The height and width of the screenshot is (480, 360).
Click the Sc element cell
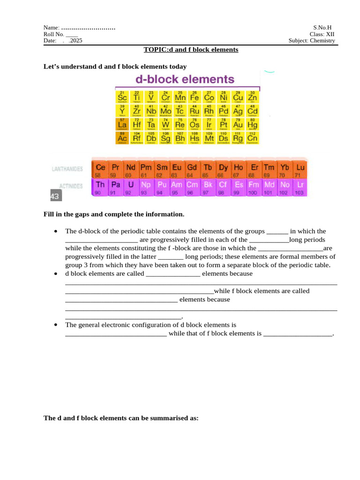pyautogui.click(x=122, y=96)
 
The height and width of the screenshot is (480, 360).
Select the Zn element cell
pyautogui.click(x=252, y=96)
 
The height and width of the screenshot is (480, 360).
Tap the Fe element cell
pyautogui.click(x=194, y=96)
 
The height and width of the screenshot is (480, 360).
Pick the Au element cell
pyautogui.click(x=238, y=124)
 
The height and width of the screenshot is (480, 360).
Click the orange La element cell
pyautogui.click(x=122, y=124)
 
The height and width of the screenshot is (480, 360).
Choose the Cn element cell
pyautogui.click(x=252, y=138)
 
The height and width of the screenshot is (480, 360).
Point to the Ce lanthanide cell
pyautogui.click(x=100, y=170)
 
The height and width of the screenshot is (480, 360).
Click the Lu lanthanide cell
pyautogui.click(x=300, y=170)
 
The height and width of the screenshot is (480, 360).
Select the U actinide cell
pyautogui.click(x=131, y=187)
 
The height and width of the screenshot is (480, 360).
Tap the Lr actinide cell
pyautogui.click(x=300, y=187)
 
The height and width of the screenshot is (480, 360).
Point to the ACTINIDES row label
pyautogui.click(x=70, y=186)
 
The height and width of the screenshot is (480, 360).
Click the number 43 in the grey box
pyautogui.click(x=54, y=197)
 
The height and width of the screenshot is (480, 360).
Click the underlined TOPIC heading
pyautogui.click(x=191, y=50)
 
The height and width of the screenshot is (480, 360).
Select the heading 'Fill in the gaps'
pyautogui.click(x=114, y=214)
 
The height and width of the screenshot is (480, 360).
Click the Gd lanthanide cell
pyautogui.click(x=192, y=170)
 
